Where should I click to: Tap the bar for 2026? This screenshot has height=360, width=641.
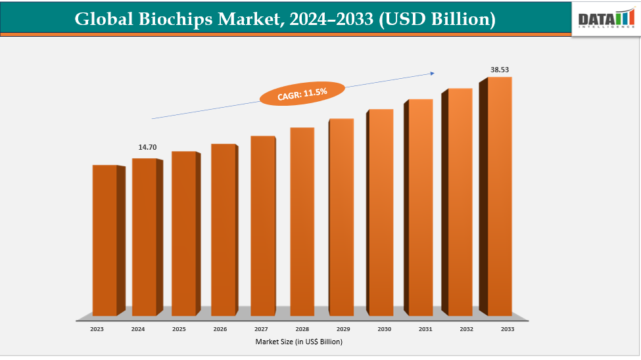[224, 229]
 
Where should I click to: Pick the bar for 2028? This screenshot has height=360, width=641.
[302, 221]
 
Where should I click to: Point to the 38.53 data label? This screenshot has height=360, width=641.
[500, 69]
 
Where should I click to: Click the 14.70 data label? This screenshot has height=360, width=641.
[147, 148]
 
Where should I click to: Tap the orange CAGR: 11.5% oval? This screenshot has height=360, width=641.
[302, 94]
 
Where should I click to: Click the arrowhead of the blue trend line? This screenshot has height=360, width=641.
[433, 73]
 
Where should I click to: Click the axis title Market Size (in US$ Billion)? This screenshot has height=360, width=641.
[299, 342]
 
